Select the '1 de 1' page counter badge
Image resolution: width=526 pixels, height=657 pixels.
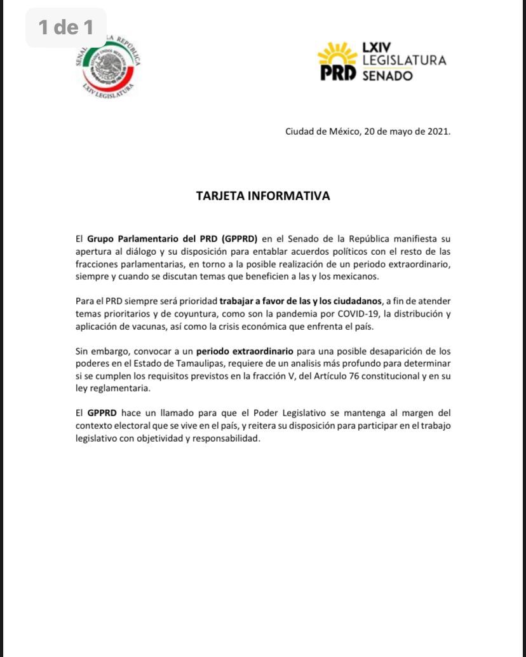[x=65, y=27]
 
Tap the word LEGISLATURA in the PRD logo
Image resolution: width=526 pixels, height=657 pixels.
[x=404, y=61]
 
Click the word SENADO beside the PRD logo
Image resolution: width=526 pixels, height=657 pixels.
[x=388, y=76]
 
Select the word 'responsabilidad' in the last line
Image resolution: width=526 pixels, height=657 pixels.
[x=228, y=438]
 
